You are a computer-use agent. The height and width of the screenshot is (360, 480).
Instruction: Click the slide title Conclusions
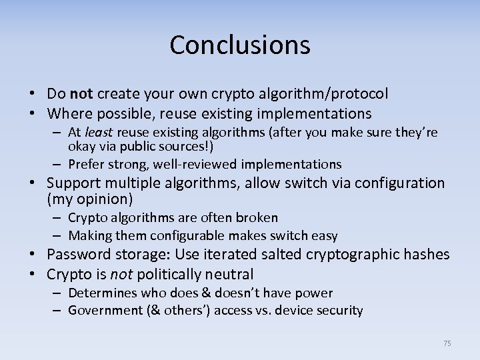tap(240, 45)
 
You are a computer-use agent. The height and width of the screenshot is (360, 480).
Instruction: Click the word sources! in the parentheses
tap(191, 146)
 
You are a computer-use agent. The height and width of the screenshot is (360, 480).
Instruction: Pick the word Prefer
tap(87, 164)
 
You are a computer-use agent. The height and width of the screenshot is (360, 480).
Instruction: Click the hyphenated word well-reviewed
tap(201, 164)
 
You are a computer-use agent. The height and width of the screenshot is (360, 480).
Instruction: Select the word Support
tap(73, 183)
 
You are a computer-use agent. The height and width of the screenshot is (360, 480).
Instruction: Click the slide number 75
tap(447, 343)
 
